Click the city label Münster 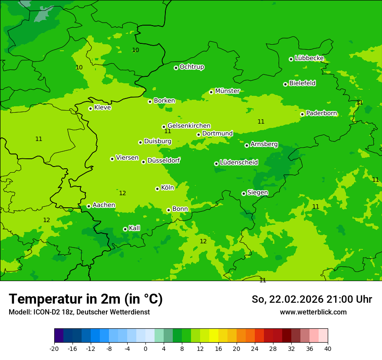[x=227, y=91]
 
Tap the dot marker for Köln [x=157, y=189]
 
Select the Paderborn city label [x=322, y=114]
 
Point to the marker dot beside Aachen [x=89, y=206]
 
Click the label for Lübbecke [x=309, y=58]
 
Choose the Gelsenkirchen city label [x=189, y=126]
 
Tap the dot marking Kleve [x=90, y=108]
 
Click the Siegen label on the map [x=257, y=193]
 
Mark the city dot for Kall [x=125, y=229]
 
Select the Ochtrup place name [x=192, y=67]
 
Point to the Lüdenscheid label [x=239, y=163]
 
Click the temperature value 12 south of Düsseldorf [x=122, y=193]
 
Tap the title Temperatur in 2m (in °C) [x=86, y=299]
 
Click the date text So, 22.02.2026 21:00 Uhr [x=312, y=299]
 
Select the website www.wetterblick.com [x=313, y=312]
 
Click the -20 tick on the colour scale [x=54, y=348]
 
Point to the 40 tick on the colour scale [x=328, y=348]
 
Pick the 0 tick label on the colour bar [x=145, y=348]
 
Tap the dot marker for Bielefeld [x=285, y=84]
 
